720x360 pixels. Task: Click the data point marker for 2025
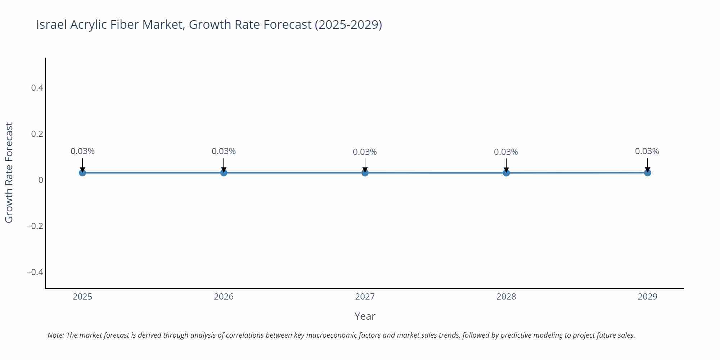[82, 173]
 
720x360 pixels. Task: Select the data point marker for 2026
[224, 173]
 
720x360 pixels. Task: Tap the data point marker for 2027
[365, 173]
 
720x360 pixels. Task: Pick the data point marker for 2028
[506, 173]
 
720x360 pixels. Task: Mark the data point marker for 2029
[647, 173]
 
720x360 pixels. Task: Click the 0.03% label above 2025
[82, 152]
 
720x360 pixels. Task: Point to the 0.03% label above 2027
[365, 152]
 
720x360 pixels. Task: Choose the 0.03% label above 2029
[647, 152]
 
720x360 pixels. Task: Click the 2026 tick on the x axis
[224, 297]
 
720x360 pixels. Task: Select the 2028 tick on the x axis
[506, 297]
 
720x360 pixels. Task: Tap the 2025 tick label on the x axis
[82, 297]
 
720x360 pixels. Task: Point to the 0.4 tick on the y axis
[37, 88]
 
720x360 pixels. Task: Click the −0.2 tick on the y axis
[35, 226]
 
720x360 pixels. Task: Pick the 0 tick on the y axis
[41, 180]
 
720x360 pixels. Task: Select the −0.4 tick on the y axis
[35, 272]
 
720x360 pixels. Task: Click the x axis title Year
[365, 316]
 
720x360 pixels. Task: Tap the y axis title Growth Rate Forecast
[9, 173]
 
